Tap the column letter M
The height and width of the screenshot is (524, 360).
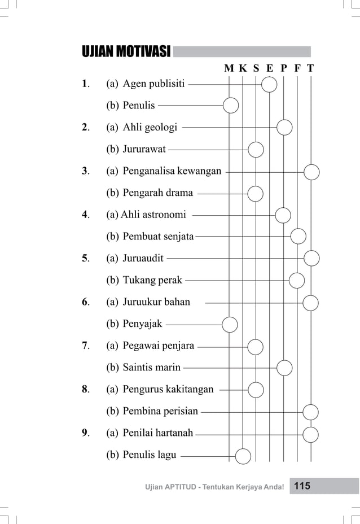[x=229, y=69]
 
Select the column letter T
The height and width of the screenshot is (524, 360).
[x=311, y=69]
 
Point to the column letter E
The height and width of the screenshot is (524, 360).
[x=270, y=69]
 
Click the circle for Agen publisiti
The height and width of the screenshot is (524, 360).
[x=270, y=85]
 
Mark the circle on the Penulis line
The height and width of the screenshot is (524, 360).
[x=230, y=105]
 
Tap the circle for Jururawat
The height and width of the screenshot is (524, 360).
[x=256, y=150]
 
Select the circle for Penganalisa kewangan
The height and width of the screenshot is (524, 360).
[x=311, y=171]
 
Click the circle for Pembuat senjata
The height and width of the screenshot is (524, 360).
[x=298, y=236]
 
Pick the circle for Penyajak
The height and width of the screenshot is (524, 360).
[x=230, y=324]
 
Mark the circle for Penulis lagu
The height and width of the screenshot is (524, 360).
[x=243, y=455]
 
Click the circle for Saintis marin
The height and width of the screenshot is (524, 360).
[x=284, y=368]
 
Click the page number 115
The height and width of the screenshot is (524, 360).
[x=302, y=486]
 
